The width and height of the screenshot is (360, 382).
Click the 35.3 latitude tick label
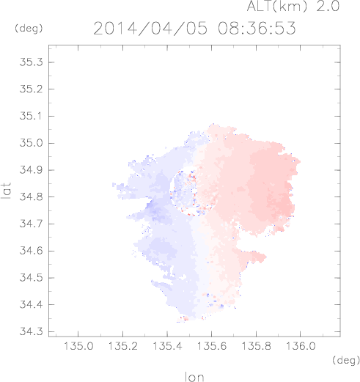(x=31, y=62)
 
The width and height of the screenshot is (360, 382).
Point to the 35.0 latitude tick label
(x=31, y=143)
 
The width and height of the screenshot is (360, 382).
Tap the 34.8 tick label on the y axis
(x=31, y=196)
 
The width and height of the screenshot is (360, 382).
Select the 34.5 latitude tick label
(x=31, y=278)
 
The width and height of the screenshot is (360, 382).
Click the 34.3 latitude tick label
(x=31, y=331)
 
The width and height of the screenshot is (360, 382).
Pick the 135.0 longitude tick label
(x=78, y=346)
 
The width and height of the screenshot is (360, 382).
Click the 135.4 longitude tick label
(x=167, y=346)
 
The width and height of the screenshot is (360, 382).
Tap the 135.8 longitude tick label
(x=256, y=346)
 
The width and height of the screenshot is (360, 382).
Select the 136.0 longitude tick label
(x=301, y=346)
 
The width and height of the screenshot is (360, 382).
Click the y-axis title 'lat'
(x=6, y=191)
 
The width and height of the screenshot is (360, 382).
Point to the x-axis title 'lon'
(x=194, y=377)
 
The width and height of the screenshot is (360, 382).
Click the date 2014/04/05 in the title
(x=150, y=29)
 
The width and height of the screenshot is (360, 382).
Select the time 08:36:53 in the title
(x=257, y=28)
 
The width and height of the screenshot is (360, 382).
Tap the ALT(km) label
(x=277, y=6)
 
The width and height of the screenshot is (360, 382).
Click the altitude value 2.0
(x=328, y=6)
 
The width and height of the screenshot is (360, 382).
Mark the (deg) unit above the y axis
(x=29, y=29)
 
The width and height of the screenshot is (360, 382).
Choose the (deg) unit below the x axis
(x=346, y=360)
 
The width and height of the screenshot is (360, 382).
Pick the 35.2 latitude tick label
(x=31, y=89)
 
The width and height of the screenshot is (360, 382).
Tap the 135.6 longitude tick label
(x=212, y=346)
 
